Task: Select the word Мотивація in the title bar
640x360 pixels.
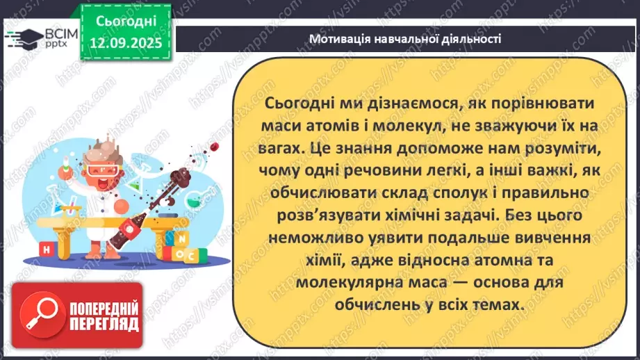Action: (338, 39)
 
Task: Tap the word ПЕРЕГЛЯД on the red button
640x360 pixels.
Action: (100, 325)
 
